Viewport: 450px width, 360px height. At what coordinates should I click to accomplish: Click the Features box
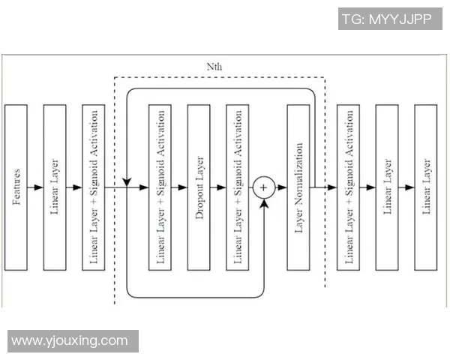click(x=16, y=187)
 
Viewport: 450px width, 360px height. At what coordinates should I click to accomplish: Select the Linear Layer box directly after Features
click(x=55, y=187)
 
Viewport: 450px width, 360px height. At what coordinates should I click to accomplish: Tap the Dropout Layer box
click(x=199, y=187)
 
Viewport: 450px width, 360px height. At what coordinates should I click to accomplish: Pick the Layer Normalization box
click(x=298, y=187)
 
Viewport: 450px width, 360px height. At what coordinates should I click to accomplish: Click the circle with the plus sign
click(x=263, y=187)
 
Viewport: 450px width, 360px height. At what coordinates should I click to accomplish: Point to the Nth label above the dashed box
click(x=214, y=67)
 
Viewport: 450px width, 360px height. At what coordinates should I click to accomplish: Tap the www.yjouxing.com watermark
click(x=70, y=341)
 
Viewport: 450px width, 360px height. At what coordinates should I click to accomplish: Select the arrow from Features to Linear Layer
click(x=36, y=187)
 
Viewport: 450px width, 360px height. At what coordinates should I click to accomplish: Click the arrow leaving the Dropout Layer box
click(x=218, y=187)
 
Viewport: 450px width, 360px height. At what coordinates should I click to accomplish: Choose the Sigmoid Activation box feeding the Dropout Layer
click(x=160, y=187)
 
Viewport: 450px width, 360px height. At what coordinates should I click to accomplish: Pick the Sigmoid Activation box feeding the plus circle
click(x=238, y=187)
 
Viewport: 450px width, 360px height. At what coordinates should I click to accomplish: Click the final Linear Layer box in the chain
click(x=426, y=187)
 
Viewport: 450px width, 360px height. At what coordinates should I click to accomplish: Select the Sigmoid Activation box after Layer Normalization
click(x=349, y=187)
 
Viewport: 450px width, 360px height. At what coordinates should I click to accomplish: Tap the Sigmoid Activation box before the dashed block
click(x=94, y=187)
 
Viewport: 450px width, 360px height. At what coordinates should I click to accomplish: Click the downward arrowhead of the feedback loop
click(x=127, y=181)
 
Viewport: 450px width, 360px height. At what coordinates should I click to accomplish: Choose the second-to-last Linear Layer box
click(x=387, y=187)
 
